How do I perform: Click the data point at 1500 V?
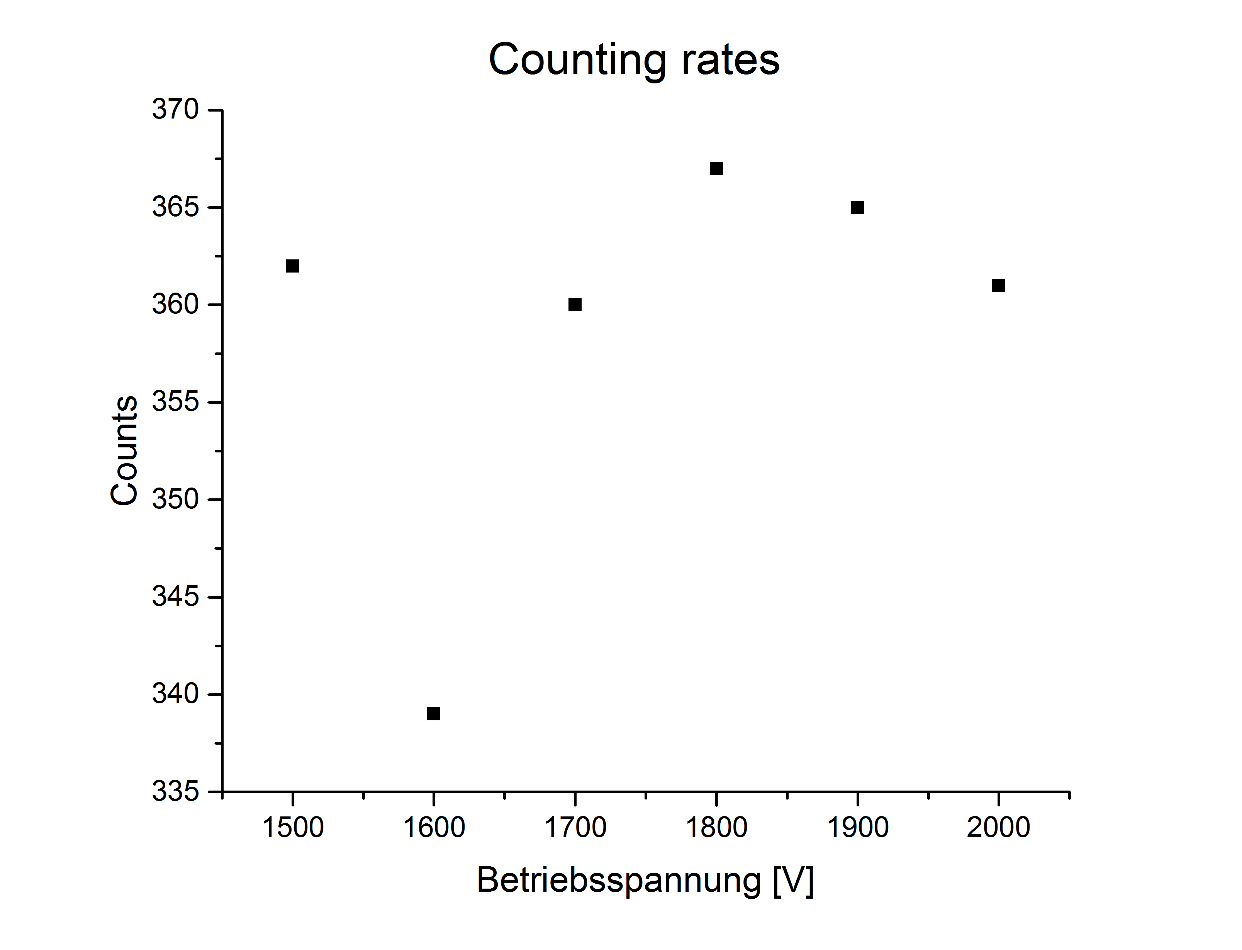(292, 266)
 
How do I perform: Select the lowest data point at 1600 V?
(434, 714)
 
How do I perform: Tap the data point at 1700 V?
(575, 305)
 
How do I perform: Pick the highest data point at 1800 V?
(716, 169)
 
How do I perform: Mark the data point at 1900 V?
(857, 208)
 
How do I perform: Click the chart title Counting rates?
(634, 59)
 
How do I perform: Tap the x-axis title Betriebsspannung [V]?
(645, 881)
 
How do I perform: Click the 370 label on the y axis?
(175, 109)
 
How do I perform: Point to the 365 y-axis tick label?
(175, 207)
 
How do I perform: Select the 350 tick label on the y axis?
(175, 499)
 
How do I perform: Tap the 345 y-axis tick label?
(175, 596)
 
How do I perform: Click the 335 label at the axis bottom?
(175, 791)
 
